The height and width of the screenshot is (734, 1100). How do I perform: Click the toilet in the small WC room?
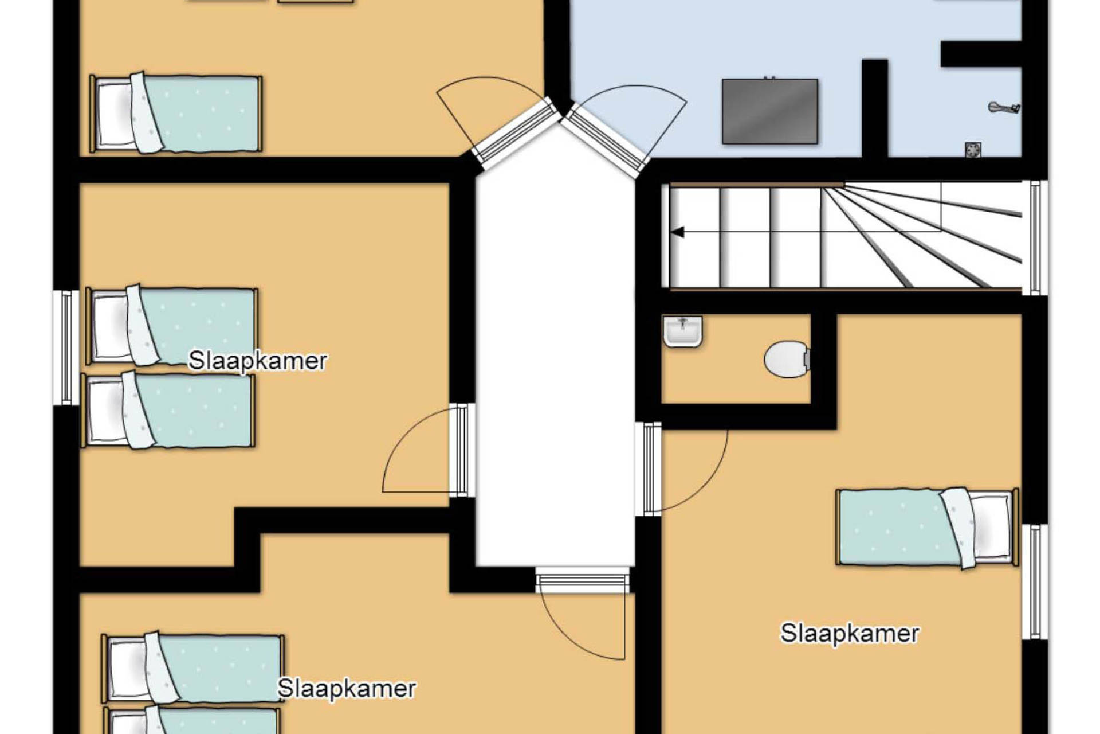pyautogui.click(x=787, y=360)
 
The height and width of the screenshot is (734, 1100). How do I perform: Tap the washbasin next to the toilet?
pyautogui.click(x=682, y=331)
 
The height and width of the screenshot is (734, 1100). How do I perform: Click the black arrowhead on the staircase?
pyautogui.click(x=678, y=232)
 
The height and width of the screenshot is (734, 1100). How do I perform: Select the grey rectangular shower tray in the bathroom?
pyautogui.click(x=769, y=111)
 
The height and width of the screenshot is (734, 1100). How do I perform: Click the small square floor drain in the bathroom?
pyautogui.click(x=973, y=150)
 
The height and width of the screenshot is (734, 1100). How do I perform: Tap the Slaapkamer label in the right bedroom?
pyautogui.click(x=850, y=634)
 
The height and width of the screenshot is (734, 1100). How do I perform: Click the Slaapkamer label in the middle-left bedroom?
pyautogui.click(x=258, y=361)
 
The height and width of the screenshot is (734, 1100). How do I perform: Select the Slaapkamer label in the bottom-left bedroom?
pyautogui.click(x=347, y=689)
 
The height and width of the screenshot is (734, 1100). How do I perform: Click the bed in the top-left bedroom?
pyautogui.click(x=176, y=113)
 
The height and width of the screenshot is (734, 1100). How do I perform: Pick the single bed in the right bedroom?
pyautogui.click(x=927, y=528)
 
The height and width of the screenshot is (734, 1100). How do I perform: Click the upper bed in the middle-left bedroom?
pyautogui.click(x=172, y=325)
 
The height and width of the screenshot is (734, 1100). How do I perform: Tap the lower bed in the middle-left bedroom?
pyautogui.click(x=168, y=409)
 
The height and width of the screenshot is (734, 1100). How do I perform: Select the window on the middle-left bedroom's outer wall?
pyautogui.click(x=67, y=348)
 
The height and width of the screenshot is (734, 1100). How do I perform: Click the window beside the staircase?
pyautogui.click(x=1035, y=238)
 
